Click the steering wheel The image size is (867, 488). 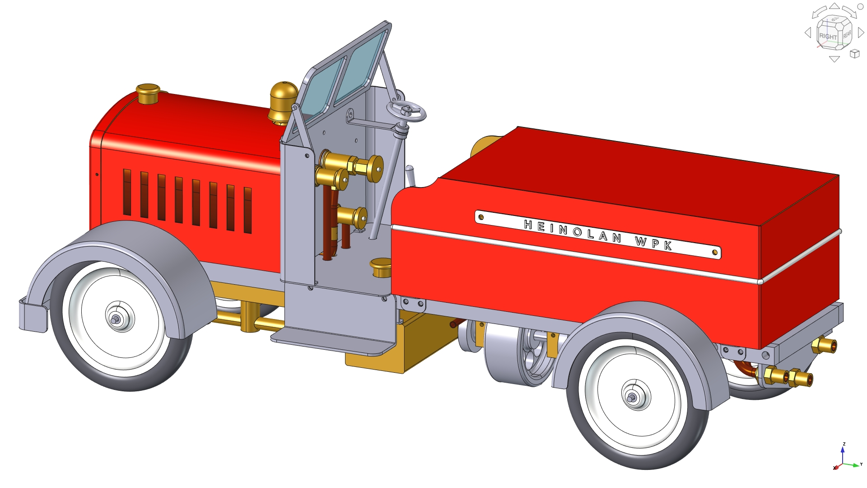[406, 111]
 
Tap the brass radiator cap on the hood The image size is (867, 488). [148, 94]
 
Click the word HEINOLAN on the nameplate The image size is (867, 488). [573, 231]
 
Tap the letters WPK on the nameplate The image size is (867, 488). [653, 243]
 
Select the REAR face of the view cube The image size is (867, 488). [847, 34]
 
